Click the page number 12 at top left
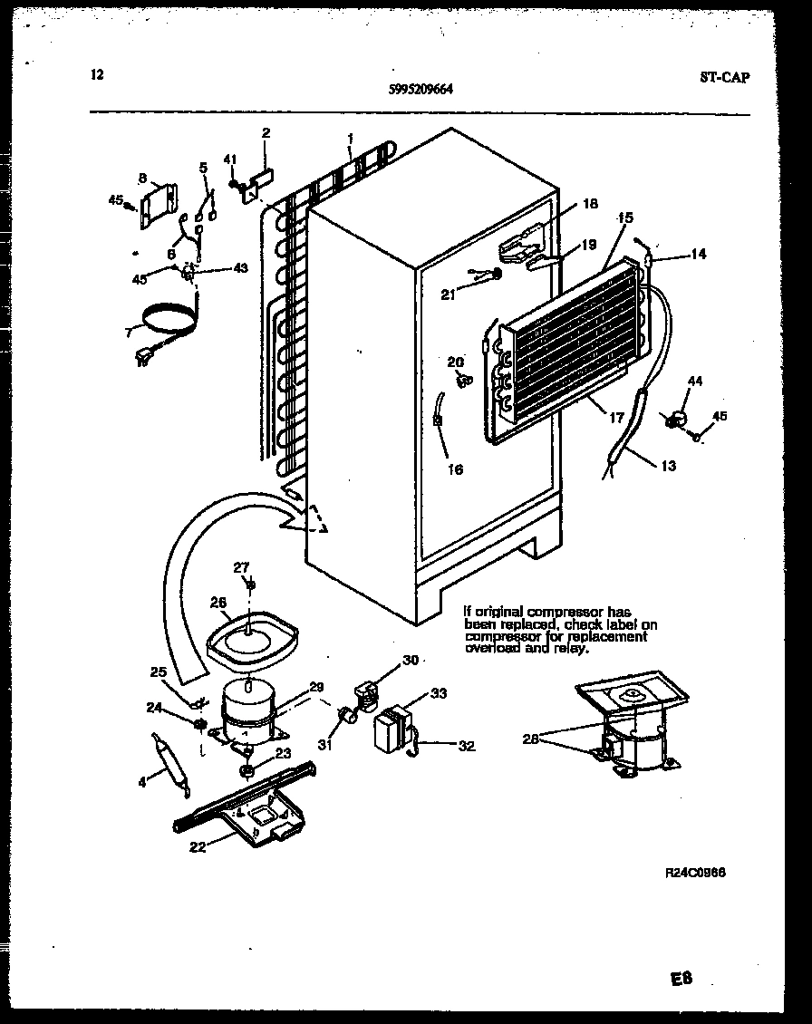(x=97, y=75)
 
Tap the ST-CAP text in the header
(x=724, y=77)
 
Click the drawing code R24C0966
(x=696, y=873)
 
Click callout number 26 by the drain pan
(x=217, y=601)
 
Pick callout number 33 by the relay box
(x=439, y=694)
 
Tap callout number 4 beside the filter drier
(x=142, y=782)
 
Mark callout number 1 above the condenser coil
(x=350, y=139)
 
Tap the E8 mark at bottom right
(x=682, y=980)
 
